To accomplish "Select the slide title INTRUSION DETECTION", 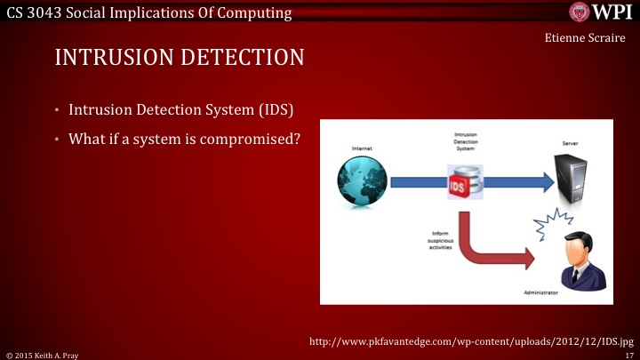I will point(180,58).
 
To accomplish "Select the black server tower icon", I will point(571,178).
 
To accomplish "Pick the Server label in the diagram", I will point(570,142).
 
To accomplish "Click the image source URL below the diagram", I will point(470,340).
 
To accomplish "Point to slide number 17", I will point(629,355).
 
